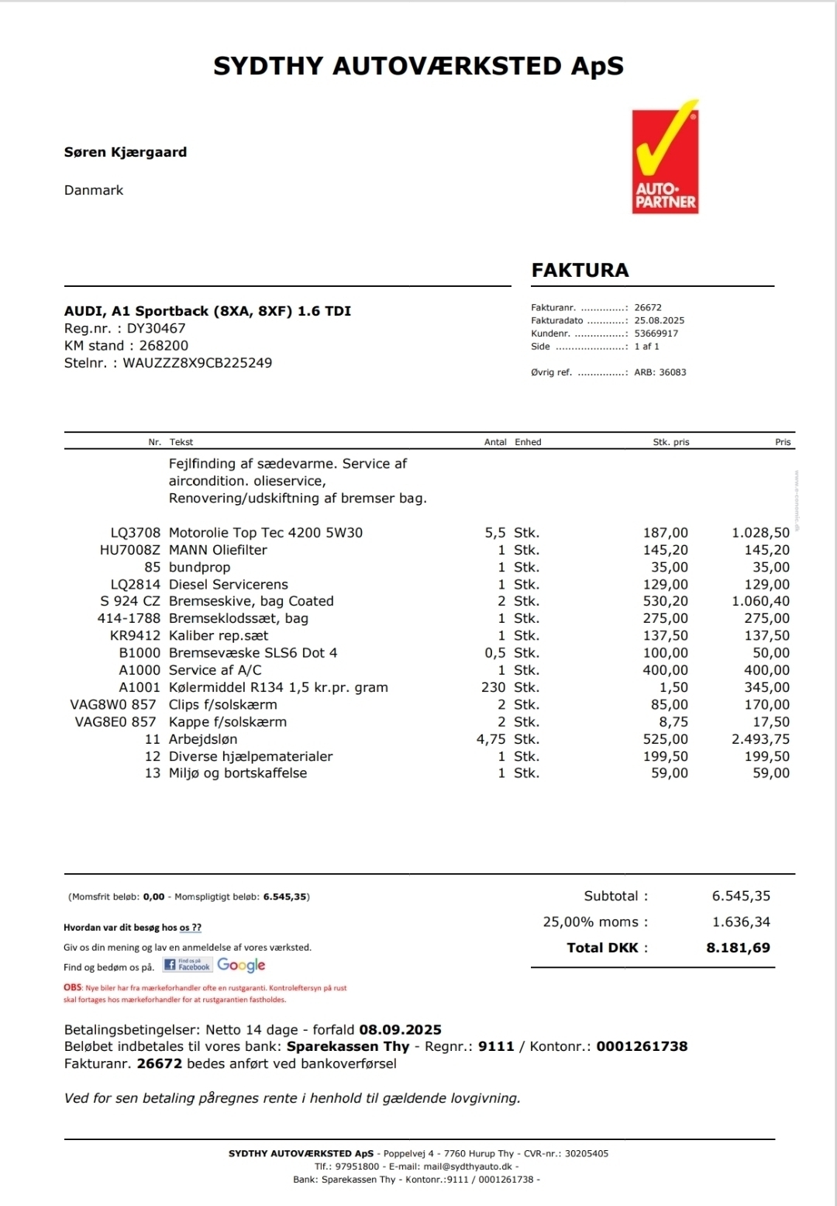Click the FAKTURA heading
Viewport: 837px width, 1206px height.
pos(580,270)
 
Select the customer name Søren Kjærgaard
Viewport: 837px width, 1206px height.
pos(125,152)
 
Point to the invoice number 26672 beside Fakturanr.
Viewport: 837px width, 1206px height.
pos(648,307)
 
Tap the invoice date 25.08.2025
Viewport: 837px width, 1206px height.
pos(659,320)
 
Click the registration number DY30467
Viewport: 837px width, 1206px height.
pos(156,328)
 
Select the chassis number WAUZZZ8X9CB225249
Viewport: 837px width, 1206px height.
pos(197,363)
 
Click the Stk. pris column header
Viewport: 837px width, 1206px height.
pos(670,442)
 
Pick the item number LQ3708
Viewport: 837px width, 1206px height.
pos(135,533)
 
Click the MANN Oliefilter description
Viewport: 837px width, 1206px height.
pos(218,550)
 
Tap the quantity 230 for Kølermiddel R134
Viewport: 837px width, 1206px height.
pos(493,687)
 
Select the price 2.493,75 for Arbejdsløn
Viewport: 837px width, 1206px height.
pos(760,739)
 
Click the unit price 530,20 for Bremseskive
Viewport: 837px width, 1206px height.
pos(665,601)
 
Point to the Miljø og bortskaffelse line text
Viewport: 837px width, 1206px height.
pos(237,773)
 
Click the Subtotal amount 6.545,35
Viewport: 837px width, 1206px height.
pos(741,896)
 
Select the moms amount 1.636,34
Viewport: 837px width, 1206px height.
pos(741,922)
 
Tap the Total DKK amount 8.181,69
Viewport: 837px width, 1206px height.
pos(738,948)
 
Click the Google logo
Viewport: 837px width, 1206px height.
pos(241,966)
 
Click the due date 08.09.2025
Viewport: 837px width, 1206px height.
pos(400,1030)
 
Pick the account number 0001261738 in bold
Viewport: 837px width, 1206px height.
pos(642,1046)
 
